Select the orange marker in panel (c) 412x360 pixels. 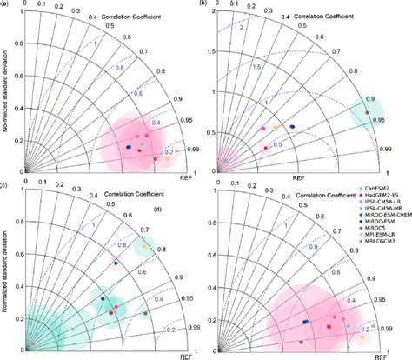coord(144,246)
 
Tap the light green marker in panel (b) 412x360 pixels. coord(309,129)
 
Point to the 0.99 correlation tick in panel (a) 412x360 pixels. coord(191,150)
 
